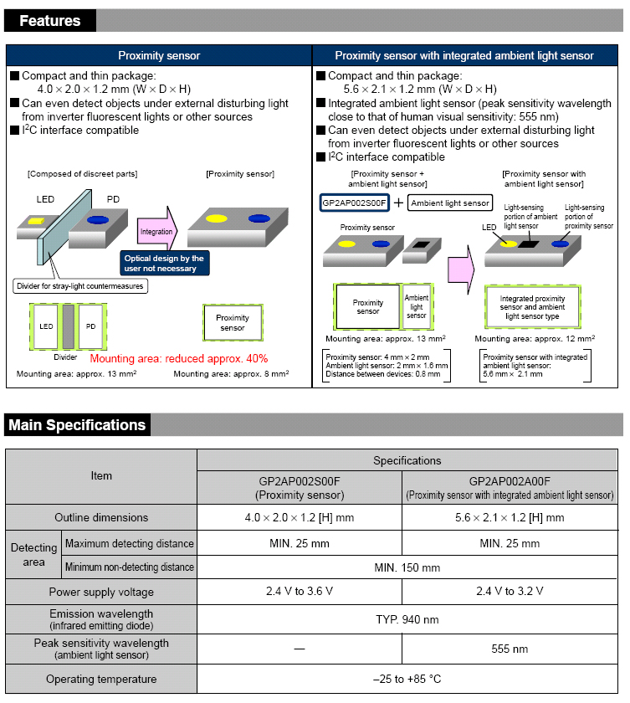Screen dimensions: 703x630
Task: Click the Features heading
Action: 50,21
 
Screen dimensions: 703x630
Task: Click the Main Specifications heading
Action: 77,425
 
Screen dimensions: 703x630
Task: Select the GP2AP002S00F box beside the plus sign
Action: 356,203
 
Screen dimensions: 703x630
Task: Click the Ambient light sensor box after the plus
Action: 449,203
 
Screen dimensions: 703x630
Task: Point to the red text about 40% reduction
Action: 178,358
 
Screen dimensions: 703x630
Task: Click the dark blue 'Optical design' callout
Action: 165,264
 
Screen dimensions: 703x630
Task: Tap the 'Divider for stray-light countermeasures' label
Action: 80,286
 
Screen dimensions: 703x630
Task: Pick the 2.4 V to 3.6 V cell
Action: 300,592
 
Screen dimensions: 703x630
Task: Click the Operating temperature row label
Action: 101,679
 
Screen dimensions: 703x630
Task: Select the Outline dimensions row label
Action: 101,517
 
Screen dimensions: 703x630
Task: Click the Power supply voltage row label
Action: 101,592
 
